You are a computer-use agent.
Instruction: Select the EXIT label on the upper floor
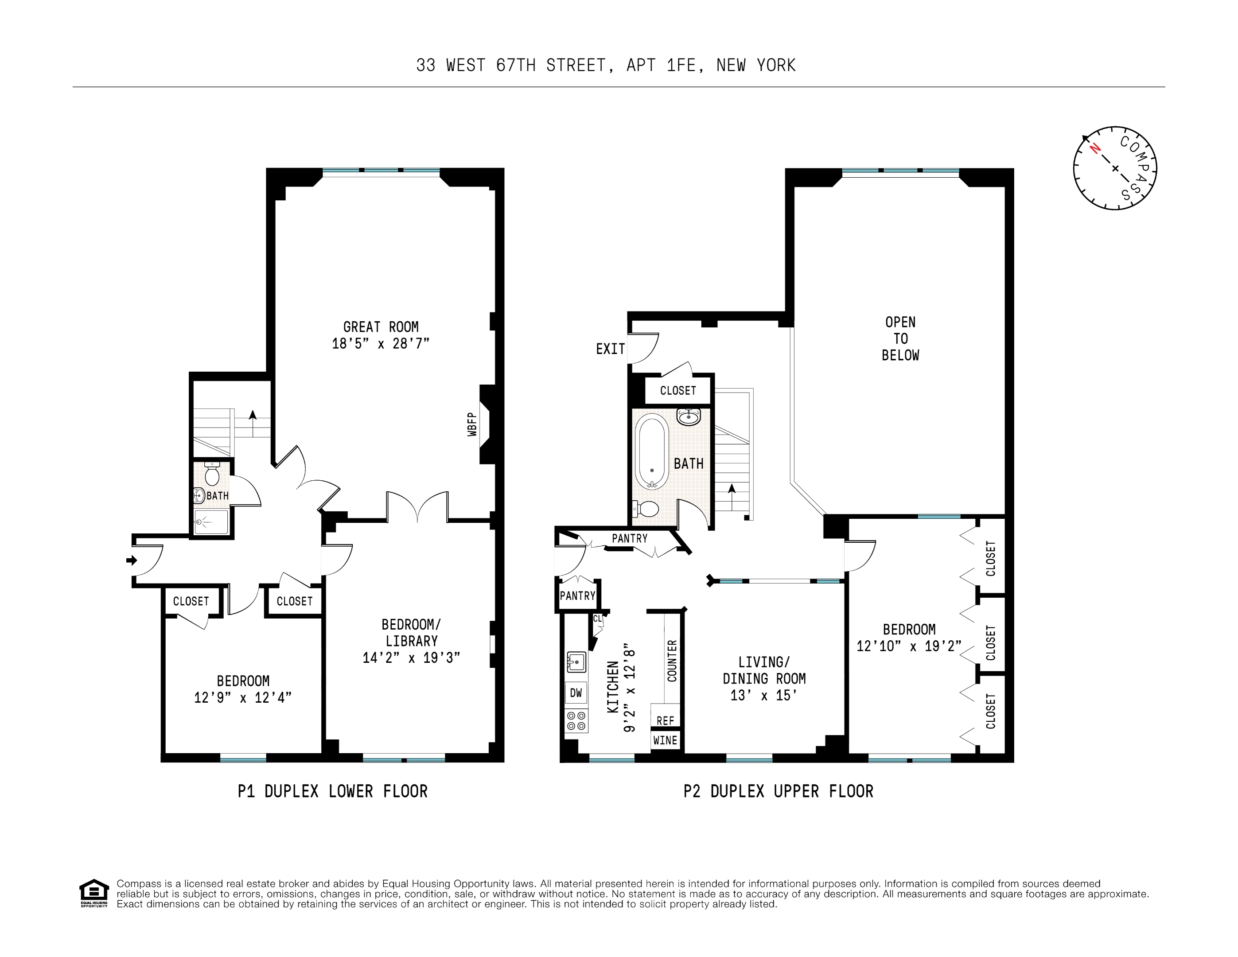click(x=610, y=349)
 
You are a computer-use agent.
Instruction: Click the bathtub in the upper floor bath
click(x=652, y=451)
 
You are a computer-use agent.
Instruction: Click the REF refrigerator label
click(x=665, y=720)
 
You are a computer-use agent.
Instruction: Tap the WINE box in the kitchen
click(x=665, y=740)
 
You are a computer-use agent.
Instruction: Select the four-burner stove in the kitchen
click(x=576, y=720)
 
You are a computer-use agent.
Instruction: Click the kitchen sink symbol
click(x=576, y=661)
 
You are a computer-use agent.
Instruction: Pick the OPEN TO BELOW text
click(x=900, y=338)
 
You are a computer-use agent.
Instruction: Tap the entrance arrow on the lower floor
click(x=132, y=560)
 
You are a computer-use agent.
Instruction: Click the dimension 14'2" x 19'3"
click(x=411, y=657)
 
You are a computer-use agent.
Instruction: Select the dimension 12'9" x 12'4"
click(x=243, y=697)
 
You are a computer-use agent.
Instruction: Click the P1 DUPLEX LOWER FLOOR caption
click(x=332, y=791)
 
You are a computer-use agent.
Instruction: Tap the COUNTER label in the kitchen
click(x=672, y=661)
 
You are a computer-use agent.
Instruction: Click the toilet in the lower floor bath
click(x=212, y=475)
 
